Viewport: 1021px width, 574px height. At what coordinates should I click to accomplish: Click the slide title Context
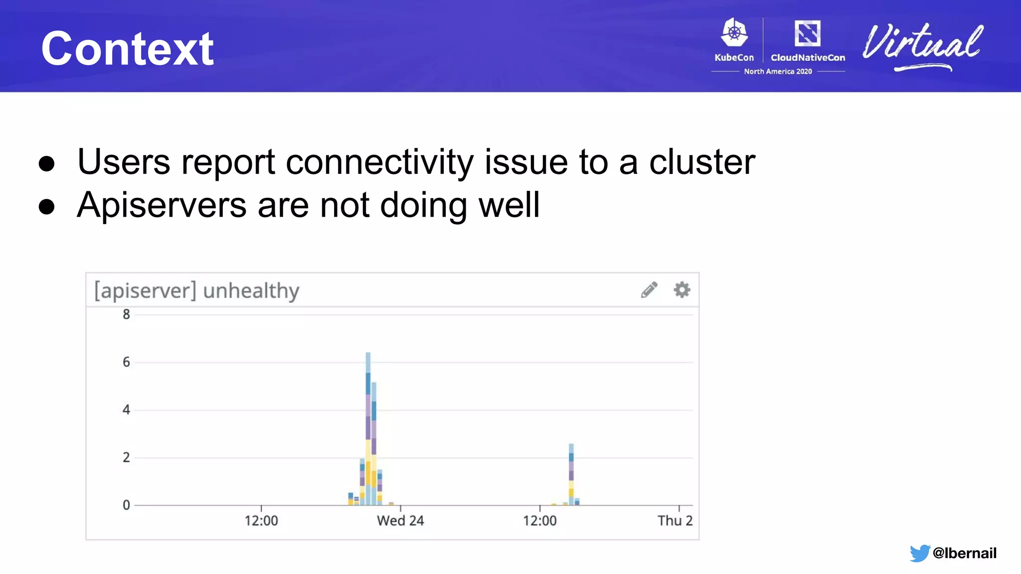click(x=128, y=48)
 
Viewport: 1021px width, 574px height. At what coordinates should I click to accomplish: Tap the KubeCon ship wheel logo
click(x=734, y=33)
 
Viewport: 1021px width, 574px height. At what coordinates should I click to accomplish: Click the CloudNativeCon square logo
click(x=808, y=33)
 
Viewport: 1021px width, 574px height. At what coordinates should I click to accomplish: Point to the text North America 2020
click(x=778, y=71)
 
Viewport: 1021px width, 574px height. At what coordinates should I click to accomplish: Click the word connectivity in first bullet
click(x=379, y=162)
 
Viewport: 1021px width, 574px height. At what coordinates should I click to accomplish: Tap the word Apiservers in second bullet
click(x=162, y=205)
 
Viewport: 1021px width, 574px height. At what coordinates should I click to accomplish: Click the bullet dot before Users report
click(x=46, y=163)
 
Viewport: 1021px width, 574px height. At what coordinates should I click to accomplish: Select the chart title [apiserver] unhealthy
click(x=197, y=290)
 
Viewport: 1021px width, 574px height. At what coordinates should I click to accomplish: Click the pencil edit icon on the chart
click(x=649, y=289)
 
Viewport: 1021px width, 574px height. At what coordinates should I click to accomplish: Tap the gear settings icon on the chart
click(x=682, y=289)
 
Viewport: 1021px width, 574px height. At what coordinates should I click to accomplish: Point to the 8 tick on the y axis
click(x=127, y=314)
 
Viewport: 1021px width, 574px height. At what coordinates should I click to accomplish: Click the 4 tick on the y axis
click(x=127, y=410)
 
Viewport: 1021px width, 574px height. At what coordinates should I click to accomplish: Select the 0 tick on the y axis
click(x=127, y=505)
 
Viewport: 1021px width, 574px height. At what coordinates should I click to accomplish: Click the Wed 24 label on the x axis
click(x=400, y=521)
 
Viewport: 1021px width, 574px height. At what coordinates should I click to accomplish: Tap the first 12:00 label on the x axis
click(x=261, y=521)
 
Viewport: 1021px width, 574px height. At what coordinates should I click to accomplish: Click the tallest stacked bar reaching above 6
click(x=368, y=429)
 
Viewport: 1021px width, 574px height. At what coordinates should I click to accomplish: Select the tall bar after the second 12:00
click(x=571, y=473)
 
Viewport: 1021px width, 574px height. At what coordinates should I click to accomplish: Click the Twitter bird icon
click(x=919, y=553)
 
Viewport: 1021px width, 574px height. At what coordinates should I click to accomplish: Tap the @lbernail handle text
click(x=964, y=553)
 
